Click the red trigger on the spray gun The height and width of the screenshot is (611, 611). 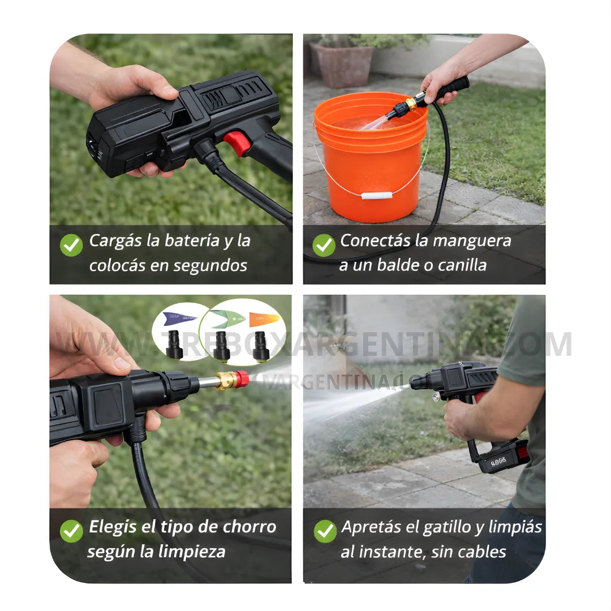tap(237, 143)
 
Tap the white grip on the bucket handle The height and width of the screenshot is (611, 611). tap(377, 196)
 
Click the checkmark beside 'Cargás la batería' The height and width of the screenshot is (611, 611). tap(71, 245)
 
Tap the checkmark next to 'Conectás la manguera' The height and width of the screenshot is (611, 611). tap(324, 245)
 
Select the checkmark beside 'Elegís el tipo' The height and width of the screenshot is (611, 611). tap(71, 531)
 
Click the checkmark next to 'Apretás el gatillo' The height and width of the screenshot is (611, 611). tap(325, 531)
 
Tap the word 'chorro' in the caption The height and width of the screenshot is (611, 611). tap(249, 527)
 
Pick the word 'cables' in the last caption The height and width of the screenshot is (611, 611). tap(480, 552)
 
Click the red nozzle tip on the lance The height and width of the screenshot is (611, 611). tap(242, 379)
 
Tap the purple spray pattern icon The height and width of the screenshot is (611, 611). tap(180, 319)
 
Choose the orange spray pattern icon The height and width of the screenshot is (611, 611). tap(264, 319)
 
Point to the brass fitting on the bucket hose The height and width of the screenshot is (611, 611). tap(411, 104)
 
